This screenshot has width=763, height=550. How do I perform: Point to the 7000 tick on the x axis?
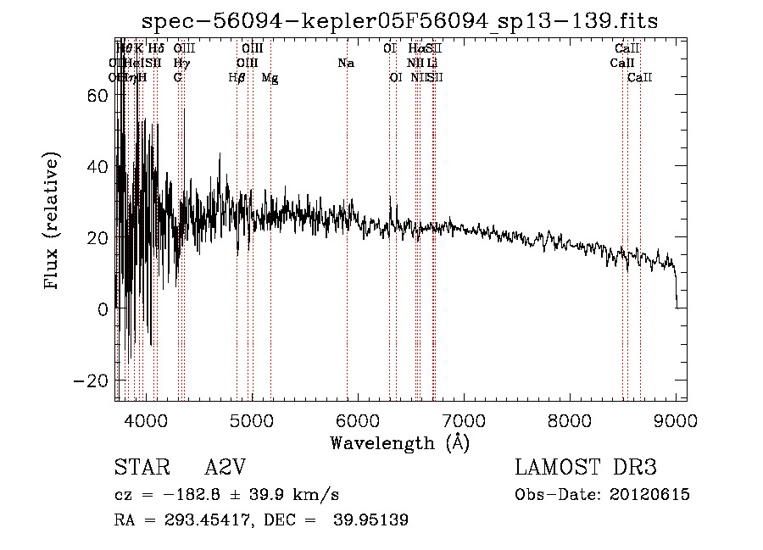463,418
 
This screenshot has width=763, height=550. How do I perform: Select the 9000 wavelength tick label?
676,418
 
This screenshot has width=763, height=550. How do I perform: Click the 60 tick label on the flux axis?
98,96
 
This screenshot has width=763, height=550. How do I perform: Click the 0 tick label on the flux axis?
103,309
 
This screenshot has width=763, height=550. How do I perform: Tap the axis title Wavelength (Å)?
399,442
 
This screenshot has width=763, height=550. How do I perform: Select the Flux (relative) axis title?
53,222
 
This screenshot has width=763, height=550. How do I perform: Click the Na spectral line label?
346,64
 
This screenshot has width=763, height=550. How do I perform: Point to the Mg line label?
270,78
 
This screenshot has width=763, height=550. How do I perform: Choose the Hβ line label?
237,78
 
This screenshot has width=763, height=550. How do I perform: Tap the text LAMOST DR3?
586,468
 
